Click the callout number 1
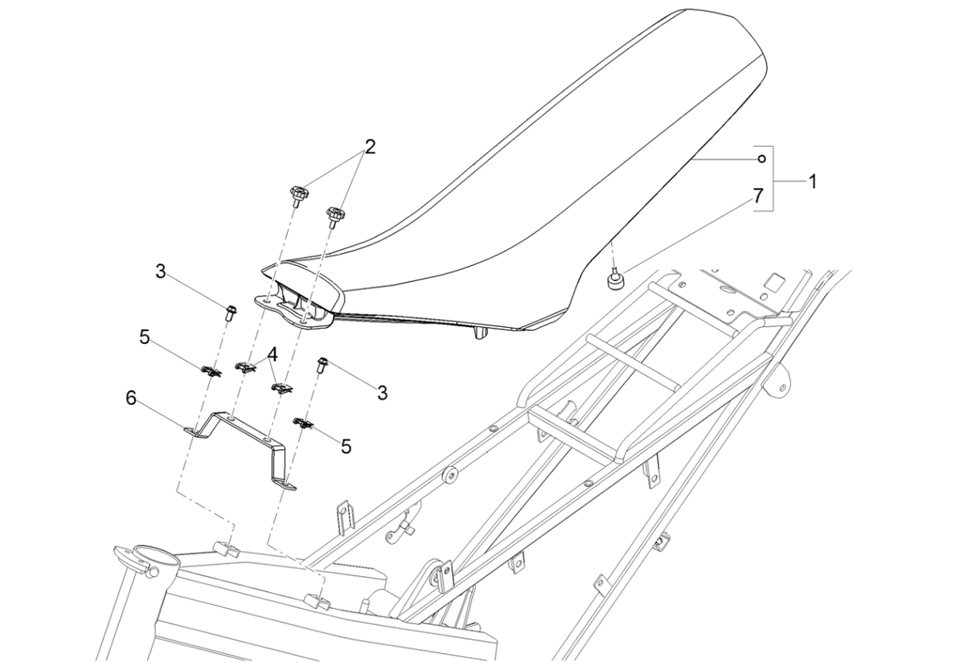812,182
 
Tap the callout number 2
370,147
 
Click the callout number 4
273,353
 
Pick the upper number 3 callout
161,272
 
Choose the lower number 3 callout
382,393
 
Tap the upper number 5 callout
145,337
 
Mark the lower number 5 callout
346,445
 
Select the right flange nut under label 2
334,215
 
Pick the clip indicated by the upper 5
211,370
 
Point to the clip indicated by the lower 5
305,423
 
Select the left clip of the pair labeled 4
244,367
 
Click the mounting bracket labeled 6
241,438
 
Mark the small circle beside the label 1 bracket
760,158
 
